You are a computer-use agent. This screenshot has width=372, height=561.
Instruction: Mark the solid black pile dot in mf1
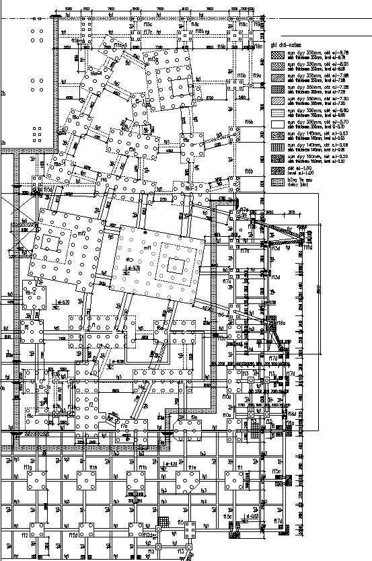pos(144,231)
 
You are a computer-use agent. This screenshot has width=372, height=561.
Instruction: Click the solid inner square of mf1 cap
pos(177,264)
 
